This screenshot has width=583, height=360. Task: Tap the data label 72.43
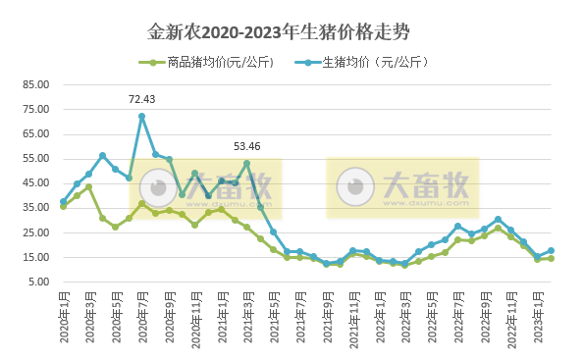coord(142,99)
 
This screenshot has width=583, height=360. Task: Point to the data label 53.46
coord(246,147)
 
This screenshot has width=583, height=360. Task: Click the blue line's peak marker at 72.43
coord(141,116)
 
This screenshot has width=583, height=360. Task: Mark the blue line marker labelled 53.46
coord(246,163)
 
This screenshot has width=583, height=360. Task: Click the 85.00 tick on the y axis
coord(34,84)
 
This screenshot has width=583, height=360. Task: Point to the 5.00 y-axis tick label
coord(36,282)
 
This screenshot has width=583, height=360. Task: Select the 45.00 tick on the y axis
coord(34,182)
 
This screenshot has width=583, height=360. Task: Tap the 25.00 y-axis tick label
coord(34,232)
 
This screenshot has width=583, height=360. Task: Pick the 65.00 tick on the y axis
coord(34,133)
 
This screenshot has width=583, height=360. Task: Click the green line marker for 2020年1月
coord(63,206)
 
